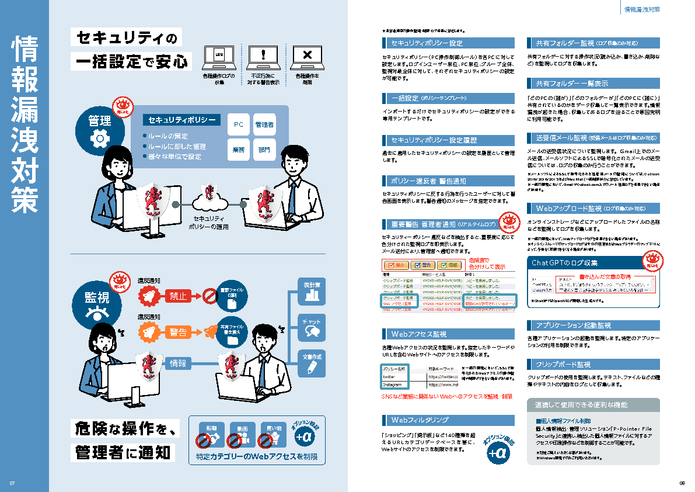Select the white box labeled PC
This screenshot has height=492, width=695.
pos(238,124)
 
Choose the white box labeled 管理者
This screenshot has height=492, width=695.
pos(264,124)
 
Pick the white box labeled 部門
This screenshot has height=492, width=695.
pos(264,150)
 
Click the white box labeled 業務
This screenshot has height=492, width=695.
pos(238,150)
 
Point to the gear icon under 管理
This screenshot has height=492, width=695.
pos(99,138)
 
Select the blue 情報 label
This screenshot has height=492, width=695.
pos(177,363)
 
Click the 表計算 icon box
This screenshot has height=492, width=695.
pos(311,291)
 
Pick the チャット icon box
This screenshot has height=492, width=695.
pos(311,327)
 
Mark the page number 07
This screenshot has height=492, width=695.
pos(12,483)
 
